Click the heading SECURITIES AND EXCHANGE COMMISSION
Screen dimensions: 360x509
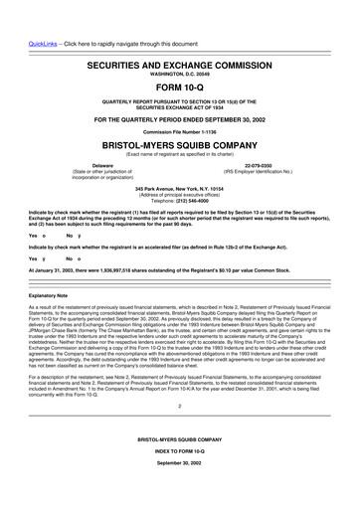tap(180, 62)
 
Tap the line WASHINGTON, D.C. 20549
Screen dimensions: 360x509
tap(180, 73)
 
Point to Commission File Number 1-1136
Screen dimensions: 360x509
tap(180, 132)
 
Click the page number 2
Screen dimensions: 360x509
tap(180, 433)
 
